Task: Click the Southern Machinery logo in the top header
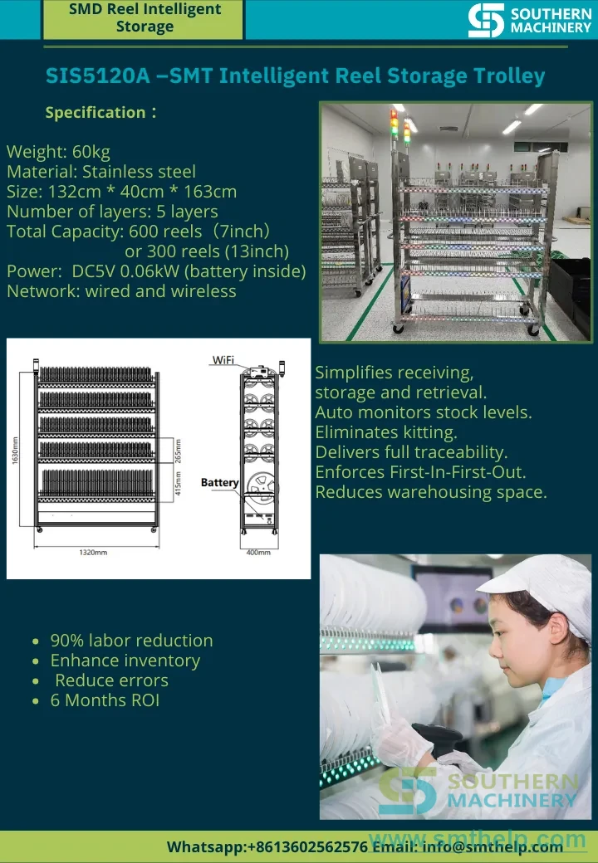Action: [x=530, y=21]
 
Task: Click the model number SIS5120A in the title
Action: [x=97, y=76]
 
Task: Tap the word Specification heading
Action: [x=96, y=112]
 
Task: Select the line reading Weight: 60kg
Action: [x=58, y=151]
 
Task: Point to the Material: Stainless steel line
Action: [x=101, y=172]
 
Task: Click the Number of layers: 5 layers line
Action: [x=112, y=212]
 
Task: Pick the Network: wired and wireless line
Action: [x=122, y=290]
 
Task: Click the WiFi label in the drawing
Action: [x=223, y=360]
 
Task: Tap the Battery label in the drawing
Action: [x=220, y=483]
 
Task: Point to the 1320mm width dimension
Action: [x=93, y=552]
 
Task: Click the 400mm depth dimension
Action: [x=257, y=552]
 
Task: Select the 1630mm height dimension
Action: [x=15, y=450]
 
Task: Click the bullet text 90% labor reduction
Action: [x=131, y=640]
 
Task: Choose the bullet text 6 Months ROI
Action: [x=105, y=700]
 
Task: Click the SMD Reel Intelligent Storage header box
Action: [x=143, y=19]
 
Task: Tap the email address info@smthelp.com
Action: [x=493, y=846]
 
